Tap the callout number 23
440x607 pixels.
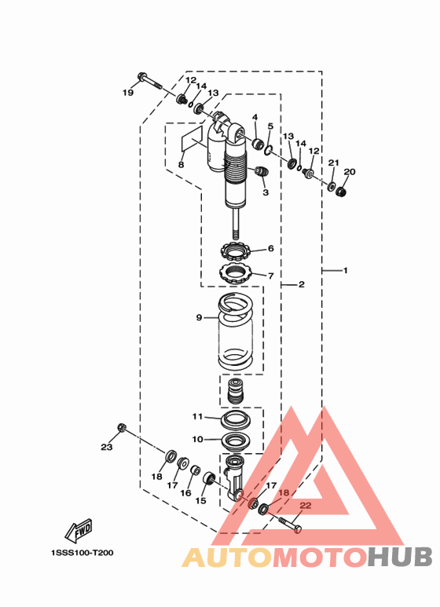(x=107, y=447)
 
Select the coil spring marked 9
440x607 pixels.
(x=236, y=331)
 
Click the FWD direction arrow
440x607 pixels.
(x=79, y=530)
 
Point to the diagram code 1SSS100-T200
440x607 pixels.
(x=82, y=553)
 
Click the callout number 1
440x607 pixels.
(x=346, y=270)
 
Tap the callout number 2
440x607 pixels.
(x=302, y=284)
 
